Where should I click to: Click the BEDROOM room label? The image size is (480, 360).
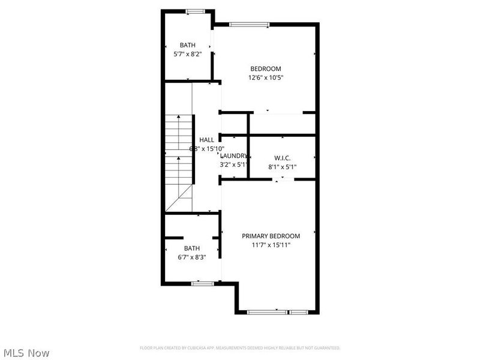265,69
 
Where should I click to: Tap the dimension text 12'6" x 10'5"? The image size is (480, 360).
265,77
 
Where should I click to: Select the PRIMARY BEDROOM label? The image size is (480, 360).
271,236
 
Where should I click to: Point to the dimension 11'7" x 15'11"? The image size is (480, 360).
271,245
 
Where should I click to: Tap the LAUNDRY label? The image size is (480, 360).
233,155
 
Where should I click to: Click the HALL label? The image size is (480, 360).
206,140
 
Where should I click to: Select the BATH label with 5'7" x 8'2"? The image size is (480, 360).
188,45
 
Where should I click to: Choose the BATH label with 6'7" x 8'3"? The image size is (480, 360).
192,248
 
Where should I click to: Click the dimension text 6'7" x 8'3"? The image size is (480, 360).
192,257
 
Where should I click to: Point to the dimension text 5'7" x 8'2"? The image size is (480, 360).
188,54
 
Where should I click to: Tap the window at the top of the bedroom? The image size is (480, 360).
249,25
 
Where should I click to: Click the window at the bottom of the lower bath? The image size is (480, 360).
203,283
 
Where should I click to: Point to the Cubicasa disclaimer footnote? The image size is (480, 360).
240,348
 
